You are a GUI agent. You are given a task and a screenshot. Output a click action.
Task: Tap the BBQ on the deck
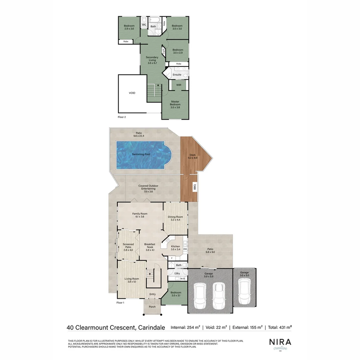[195, 188]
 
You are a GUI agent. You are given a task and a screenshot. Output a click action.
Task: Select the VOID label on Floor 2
[132, 93]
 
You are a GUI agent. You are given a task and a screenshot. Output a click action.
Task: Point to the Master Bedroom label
[175, 104]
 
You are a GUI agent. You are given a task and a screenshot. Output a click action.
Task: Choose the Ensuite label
[177, 75]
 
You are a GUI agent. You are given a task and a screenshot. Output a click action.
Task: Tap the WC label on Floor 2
[144, 25]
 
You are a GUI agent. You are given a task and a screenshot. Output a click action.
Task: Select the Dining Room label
[175, 218]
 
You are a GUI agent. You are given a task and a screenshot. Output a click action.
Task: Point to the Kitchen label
[175, 248]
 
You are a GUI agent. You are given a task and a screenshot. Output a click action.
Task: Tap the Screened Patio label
[128, 247]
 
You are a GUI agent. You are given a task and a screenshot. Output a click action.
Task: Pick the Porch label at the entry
[152, 307]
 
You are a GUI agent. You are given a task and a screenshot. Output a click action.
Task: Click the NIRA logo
[280, 342]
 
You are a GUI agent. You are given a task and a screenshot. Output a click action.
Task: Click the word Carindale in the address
[151, 327]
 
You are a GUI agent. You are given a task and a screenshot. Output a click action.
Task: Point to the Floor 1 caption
[120, 303]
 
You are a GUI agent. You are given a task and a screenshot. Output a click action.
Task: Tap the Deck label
[193, 156]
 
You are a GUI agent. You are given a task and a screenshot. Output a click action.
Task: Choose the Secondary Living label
[152, 60]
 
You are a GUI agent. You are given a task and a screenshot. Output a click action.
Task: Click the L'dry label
[177, 273]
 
